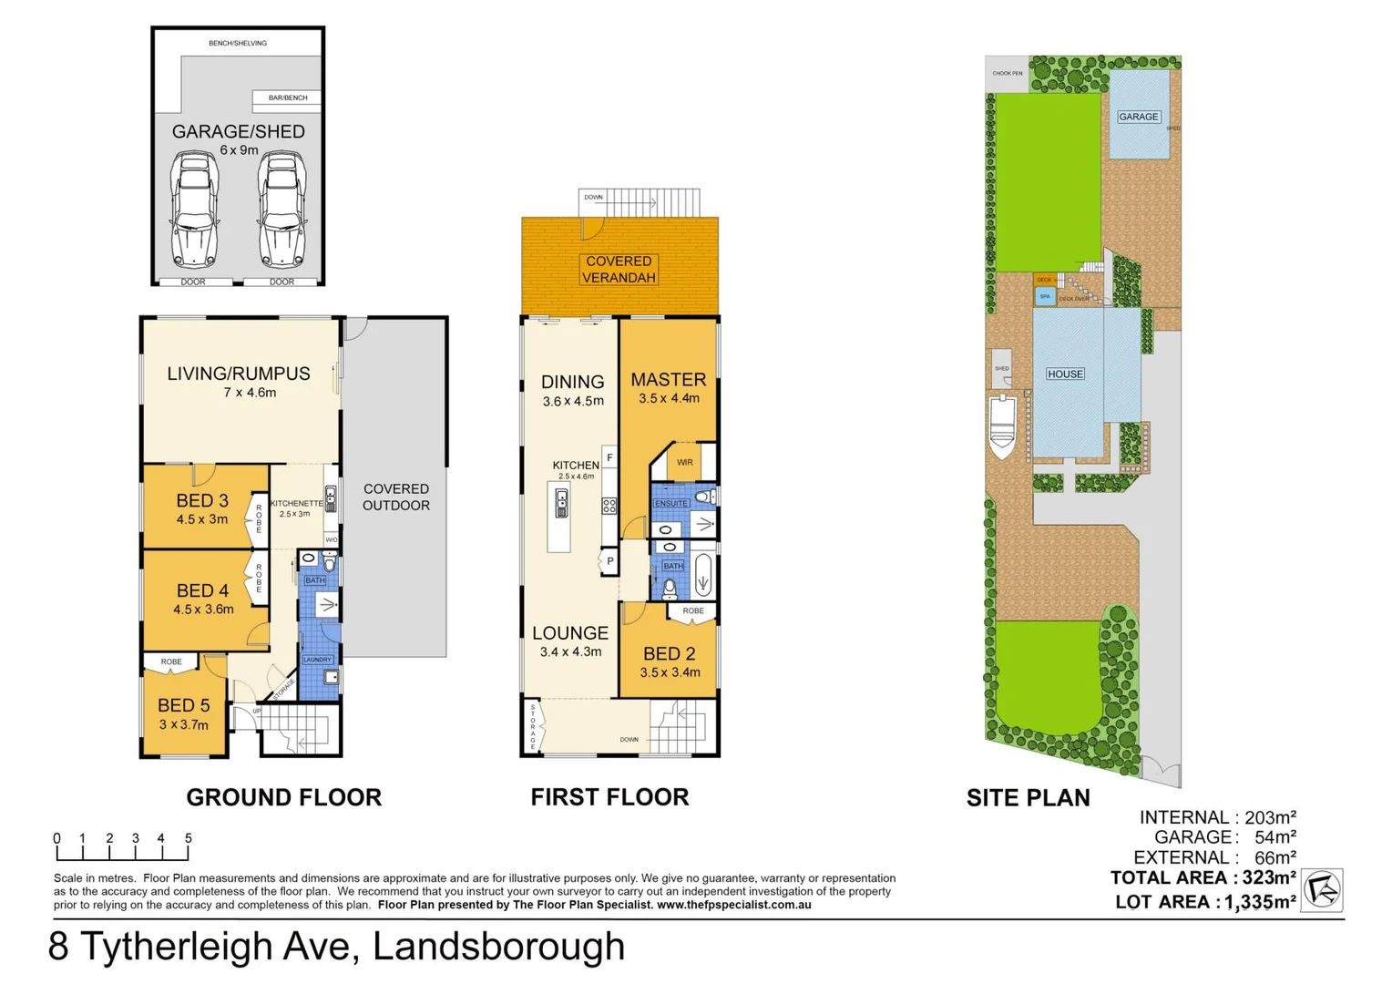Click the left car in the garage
click(194, 210)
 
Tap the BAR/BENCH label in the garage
click(288, 97)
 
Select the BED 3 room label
click(202, 501)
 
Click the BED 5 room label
click(183, 706)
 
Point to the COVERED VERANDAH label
click(619, 270)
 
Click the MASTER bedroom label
click(669, 380)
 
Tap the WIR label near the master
click(684, 463)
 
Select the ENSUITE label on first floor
click(671, 503)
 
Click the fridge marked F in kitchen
click(609, 457)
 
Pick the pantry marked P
click(609, 561)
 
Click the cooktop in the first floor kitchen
click(609, 507)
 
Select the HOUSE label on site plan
click(1065, 374)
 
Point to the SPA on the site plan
click(1045, 297)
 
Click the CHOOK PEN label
click(1008, 74)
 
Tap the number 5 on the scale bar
click(189, 838)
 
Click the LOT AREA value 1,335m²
click(1260, 902)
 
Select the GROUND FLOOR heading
click(284, 797)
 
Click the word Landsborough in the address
click(498, 947)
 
